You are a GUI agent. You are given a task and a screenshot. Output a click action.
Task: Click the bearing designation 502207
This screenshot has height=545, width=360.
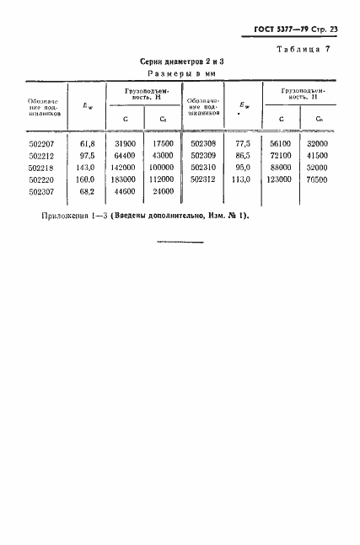tap(42, 144)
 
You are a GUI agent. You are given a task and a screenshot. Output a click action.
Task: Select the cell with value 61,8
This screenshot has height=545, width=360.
tap(87, 144)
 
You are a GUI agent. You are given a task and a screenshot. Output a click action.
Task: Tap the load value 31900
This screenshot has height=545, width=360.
tap(126, 144)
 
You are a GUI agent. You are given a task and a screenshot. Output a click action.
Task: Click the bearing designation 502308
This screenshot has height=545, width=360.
tap(204, 144)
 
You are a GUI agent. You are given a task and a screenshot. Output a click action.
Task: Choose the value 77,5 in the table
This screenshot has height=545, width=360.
tap(244, 144)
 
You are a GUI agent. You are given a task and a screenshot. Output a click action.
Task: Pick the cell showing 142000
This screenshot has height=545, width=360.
tap(124, 168)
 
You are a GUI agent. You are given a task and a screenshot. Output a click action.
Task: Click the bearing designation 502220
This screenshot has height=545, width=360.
tap(42, 179)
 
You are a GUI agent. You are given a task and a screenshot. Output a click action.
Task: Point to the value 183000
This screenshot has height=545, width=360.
tap(124, 179)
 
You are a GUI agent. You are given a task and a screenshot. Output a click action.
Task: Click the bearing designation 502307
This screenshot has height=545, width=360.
tap(42, 191)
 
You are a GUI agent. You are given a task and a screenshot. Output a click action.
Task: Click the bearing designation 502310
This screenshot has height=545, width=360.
tap(204, 168)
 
